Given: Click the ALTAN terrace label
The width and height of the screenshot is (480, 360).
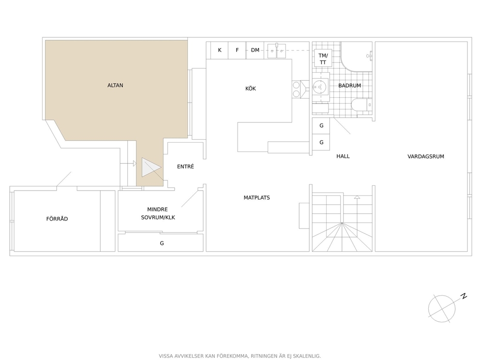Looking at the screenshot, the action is [115, 86].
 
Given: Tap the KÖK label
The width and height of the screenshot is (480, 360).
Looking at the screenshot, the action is [251, 89].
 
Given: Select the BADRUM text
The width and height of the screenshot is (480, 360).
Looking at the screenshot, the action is [349, 86].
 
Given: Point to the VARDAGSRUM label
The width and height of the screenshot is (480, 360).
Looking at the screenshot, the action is [425, 156].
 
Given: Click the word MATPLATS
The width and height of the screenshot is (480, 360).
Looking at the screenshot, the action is [256, 198].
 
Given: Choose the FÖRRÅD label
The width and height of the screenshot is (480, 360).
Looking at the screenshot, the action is [57, 219].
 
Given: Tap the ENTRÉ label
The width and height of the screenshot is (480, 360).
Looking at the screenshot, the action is [185, 166].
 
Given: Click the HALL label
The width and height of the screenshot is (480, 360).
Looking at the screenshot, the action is [343, 156].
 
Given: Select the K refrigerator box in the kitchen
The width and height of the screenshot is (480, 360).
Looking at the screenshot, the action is [220, 50].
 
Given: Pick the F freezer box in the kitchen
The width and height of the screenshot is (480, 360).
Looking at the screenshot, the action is [237, 50].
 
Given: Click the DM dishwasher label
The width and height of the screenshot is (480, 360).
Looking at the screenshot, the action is [255, 50].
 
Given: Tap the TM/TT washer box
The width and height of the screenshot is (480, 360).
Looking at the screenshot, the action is [323, 58].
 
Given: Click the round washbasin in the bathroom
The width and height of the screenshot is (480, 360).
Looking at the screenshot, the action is [320, 87].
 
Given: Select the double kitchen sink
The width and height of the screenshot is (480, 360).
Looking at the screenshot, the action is [276, 51].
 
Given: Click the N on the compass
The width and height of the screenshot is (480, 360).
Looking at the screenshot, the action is [464, 296].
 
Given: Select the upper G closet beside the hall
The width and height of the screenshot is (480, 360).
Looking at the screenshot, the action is [321, 125].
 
